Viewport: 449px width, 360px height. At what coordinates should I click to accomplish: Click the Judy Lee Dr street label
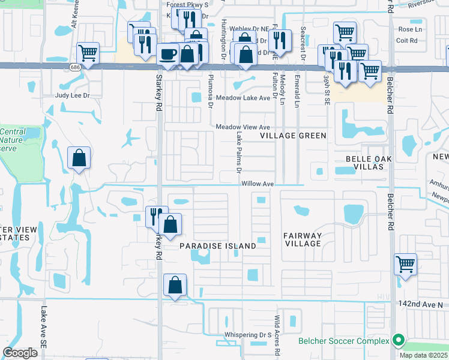pyautogui.click(x=72, y=95)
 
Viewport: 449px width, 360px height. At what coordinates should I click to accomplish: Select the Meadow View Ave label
pyautogui.click(x=243, y=127)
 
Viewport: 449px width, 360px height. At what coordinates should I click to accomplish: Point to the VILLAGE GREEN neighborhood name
pyautogui.click(x=293, y=136)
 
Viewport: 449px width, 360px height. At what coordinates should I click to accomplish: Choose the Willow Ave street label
pyautogui.click(x=258, y=184)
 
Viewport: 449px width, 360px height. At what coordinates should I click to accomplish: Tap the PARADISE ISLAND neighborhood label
pyautogui.click(x=218, y=246)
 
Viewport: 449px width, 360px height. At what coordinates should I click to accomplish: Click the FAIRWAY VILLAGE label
pyautogui.click(x=304, y=239)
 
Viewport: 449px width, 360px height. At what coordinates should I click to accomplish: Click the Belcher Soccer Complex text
pyautogui.click(x=344, y=341)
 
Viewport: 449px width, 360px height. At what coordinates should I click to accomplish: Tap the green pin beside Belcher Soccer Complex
pyautogui.click(x=397, y=341)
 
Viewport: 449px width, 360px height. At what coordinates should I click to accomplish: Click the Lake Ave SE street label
pyautogui.click(x=43, y=328)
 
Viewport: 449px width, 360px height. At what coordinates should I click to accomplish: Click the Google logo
pyautogui.click(x=20, y=353)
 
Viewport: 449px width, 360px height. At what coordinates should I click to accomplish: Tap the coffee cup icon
pyautogui.click(x=167, y=55)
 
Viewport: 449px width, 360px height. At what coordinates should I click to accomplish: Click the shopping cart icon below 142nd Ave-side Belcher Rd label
pyautogui.click(x=406, y=263)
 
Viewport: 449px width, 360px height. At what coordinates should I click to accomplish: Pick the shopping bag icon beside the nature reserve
pyautogui.click(x=79, y=159)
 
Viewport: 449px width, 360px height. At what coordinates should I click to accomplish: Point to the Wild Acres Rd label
pyautogui.click(x=277, y=336)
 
